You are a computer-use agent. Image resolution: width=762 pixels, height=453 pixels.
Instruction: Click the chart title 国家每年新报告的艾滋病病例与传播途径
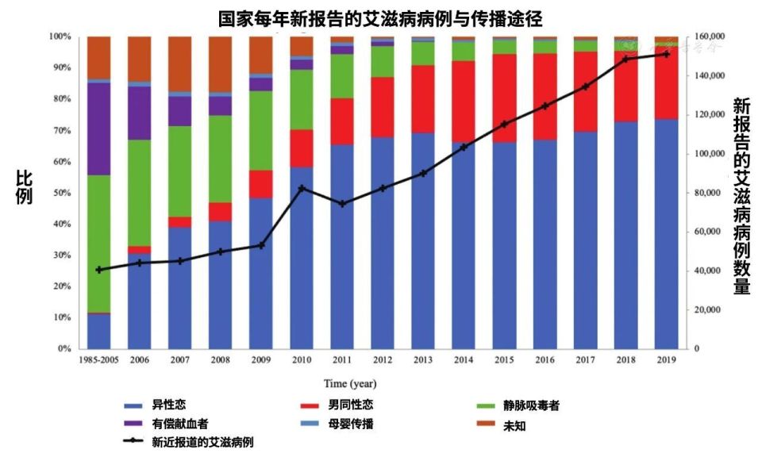point(381,17)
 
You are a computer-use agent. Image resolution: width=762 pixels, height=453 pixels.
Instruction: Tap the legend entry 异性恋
point(175,405)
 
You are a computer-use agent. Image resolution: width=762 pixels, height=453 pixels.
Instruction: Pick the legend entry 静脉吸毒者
point(531,405)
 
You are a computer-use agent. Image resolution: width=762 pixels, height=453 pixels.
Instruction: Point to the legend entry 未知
point(514,425)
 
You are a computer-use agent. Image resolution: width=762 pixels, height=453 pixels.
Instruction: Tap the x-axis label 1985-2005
point(99,359)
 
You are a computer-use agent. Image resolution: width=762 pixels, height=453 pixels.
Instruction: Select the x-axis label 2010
point(302,359)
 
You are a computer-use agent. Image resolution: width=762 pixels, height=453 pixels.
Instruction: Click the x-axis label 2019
point(666,359)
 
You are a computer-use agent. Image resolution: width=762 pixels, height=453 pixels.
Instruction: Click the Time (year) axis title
point(350,383)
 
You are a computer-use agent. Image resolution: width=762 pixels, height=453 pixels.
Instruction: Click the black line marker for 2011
point(342,204)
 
